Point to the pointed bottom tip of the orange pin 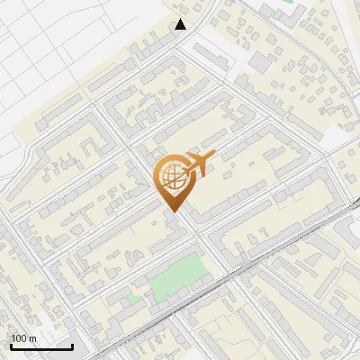coord(171,211)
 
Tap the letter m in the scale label coord(32,338)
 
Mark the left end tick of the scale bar coord(11,346)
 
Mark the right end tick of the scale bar coord(72,346)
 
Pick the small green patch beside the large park coord(134,297)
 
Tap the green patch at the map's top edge coord(288,3)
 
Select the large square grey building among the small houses coord(260,61)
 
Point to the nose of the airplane coord(213,158)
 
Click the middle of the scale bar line coord(41,347)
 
